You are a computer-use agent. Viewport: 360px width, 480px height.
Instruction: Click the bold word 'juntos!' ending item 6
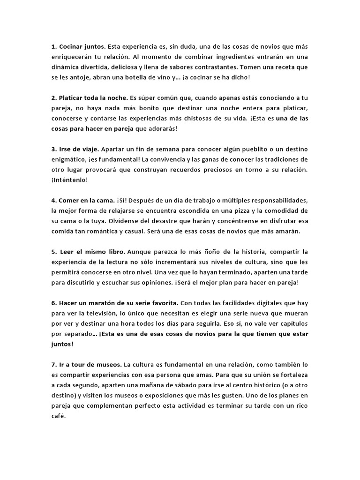pyautogui.click(x=62, y=344)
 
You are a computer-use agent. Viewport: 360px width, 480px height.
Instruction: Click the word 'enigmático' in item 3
pyautogui.click(x=69, y=159)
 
